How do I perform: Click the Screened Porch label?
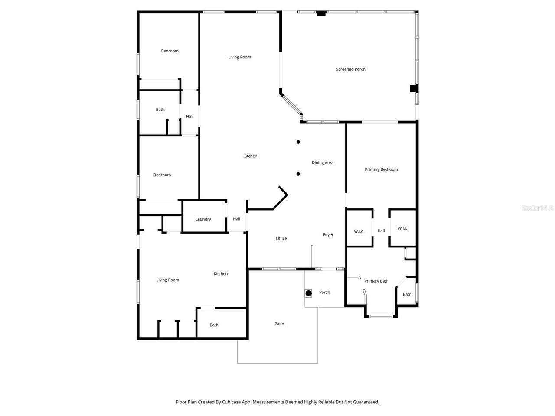tap(351, 69)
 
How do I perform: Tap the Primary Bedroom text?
tap(381, 169)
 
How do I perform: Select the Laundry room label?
tap(203, 219)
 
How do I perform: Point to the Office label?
tap(281, 239)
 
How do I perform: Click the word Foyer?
tap(328, 235)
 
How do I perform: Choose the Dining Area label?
tap(323, 163)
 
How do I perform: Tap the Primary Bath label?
tap(376, 281)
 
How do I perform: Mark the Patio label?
tap(279, 324)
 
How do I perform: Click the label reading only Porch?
tap(325, 292)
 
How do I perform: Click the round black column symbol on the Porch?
tap(308, 293)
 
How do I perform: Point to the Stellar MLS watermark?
tap(538, 208)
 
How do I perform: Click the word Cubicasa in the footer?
tap(232, 402)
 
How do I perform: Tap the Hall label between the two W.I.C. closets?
tap(381, 231)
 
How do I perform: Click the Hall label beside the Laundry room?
tap(236, 219)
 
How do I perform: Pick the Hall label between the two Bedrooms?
tap(189, 117)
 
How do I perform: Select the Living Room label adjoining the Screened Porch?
tap(240, 57)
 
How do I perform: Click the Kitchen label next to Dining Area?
tap(250, 156)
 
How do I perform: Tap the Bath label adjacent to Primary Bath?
tap(407, 295)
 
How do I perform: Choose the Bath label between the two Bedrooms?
tap(160, 110)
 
